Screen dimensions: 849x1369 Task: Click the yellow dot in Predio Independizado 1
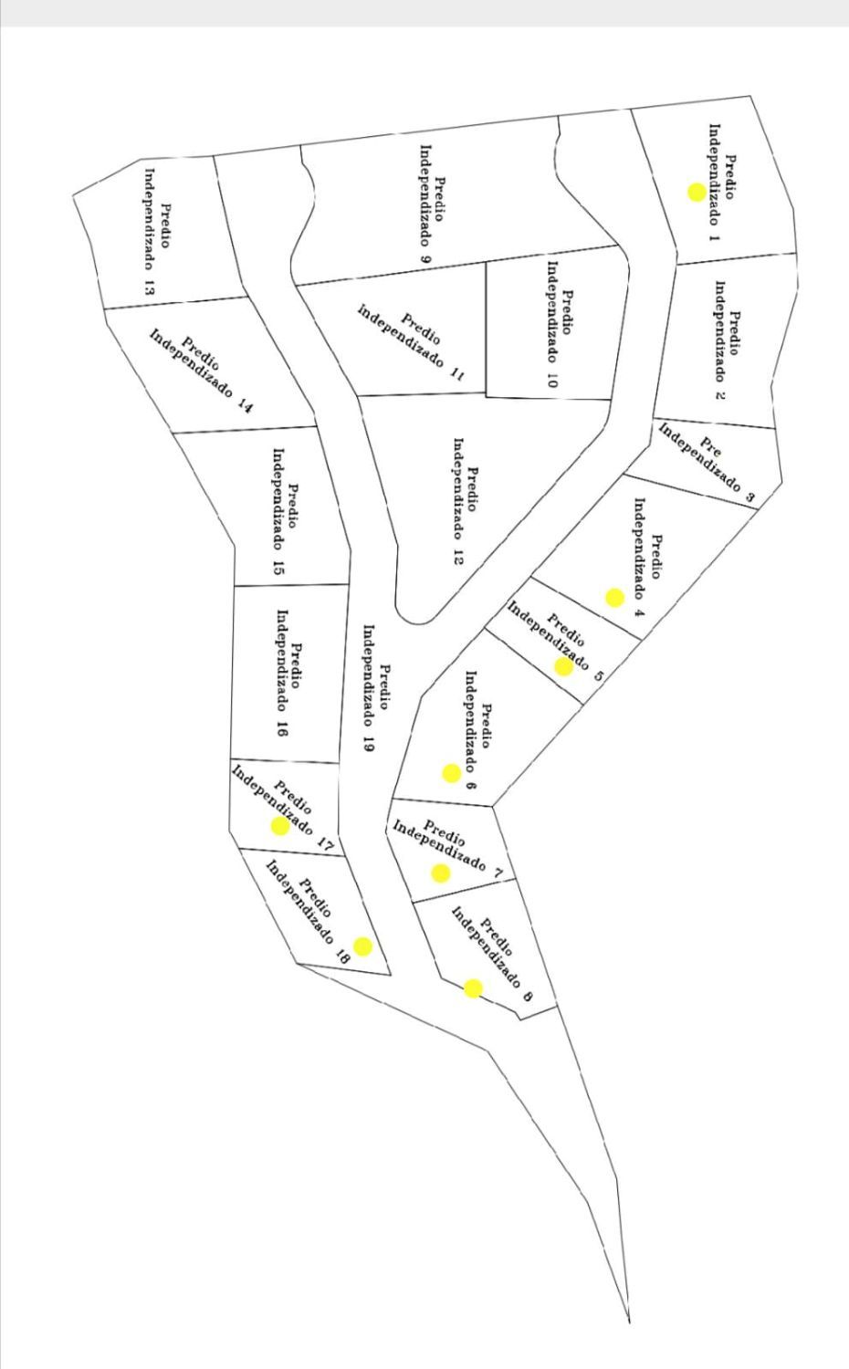(697, 192)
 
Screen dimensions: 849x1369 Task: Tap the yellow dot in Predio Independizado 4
(614, 598)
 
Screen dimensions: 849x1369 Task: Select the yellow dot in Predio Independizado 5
(564, 666)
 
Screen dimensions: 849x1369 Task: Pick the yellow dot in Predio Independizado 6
(451, 773)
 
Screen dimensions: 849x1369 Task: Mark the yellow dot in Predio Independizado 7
(441, 873)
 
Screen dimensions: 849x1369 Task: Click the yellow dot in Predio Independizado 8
(473, 988)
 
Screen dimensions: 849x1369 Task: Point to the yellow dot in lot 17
(280, 827)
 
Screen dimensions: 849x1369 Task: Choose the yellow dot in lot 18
(363, 946)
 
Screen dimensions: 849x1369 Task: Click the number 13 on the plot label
(149, 286)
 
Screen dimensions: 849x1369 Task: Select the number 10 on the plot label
(551, 381)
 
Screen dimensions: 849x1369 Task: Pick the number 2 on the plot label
(719, 394)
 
